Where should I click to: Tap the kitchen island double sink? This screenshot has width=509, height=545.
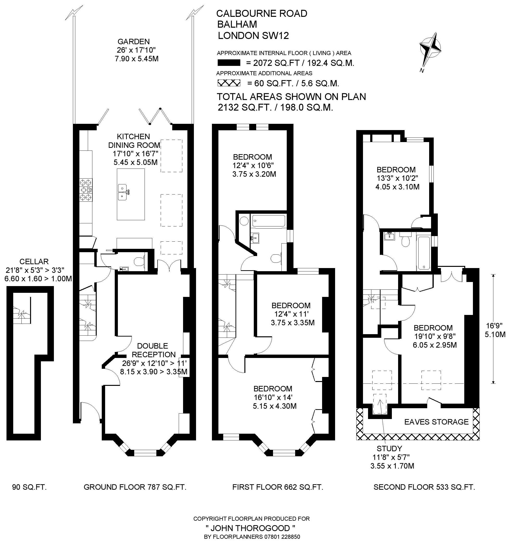122,192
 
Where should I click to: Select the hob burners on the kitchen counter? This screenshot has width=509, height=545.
86,190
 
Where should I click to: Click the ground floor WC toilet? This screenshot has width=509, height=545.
140,260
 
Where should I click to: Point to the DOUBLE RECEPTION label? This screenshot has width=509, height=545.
156,350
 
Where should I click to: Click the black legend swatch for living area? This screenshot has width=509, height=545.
229,63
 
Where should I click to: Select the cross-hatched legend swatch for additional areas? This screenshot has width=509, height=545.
229,83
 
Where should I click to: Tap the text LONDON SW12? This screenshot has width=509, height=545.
253,36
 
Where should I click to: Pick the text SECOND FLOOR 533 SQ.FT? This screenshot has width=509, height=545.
424,487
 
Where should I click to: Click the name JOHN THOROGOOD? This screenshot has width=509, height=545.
251,528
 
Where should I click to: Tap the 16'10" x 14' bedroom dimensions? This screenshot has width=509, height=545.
272,397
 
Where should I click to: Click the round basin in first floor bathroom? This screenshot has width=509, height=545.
243,221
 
